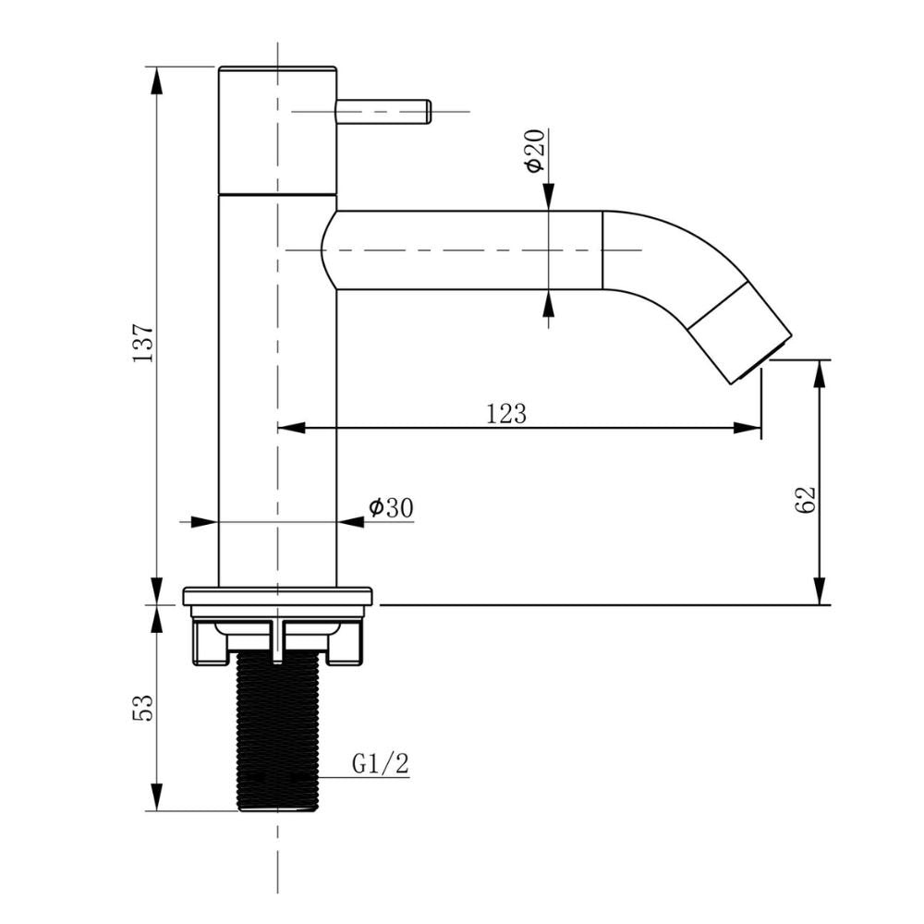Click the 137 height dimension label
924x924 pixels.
(143, 343)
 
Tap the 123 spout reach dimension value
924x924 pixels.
(506, 414)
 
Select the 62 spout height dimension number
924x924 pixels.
(806, 500)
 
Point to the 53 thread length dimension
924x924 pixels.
(143, 707)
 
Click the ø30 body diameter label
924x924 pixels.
(391, 507)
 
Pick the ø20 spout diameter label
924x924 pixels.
(535, 152)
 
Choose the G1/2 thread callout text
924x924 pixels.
(380, 764)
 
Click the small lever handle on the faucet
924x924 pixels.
(383, 112)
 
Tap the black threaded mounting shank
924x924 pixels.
(277, 733)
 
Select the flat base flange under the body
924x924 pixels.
(277, 596)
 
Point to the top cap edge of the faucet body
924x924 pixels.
(277, 67)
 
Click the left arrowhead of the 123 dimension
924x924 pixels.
(291, 428)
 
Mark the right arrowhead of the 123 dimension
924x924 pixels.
(748, 428)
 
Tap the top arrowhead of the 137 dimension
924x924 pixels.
(156, 80)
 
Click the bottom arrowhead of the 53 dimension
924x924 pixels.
(156, 796)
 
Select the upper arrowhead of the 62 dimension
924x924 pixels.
(819, 373)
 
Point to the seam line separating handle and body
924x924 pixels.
(277, 193)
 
